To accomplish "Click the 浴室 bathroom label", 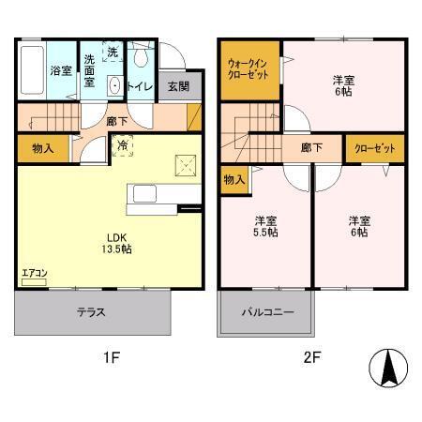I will coord(61,70).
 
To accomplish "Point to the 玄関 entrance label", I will coord(178,86).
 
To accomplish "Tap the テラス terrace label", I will coord(91,312).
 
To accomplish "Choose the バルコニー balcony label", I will coord(268,312).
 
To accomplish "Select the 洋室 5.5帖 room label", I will coord(267,227).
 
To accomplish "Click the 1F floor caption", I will coord(111,357).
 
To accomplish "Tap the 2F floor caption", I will coord(310,357).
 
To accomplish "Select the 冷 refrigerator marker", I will coord(123,144).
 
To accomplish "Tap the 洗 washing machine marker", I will coord(113,53).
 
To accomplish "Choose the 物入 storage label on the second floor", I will coord(235,179).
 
